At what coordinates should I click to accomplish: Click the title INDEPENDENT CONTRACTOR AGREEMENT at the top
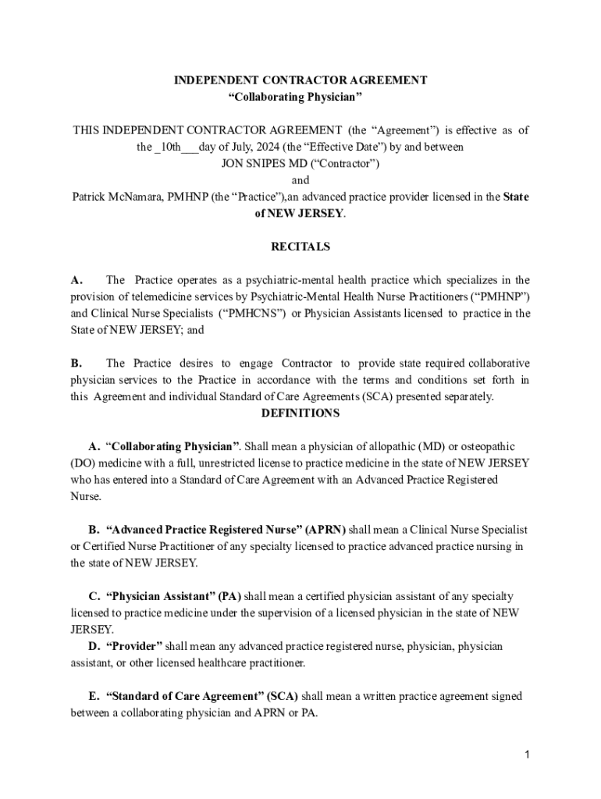300,80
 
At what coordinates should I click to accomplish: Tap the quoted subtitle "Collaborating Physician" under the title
295,97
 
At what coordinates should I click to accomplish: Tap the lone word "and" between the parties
300,180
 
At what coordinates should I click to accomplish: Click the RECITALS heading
300,247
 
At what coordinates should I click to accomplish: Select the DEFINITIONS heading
300,413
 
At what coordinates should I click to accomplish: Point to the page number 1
528,755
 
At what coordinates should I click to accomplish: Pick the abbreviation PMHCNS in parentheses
253,313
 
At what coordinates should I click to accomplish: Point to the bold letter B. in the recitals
76,363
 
